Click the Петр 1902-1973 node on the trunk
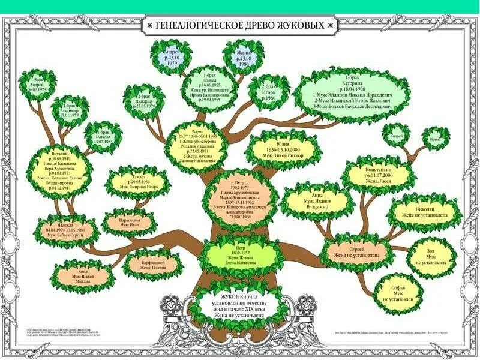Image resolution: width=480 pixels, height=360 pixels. (x=239, y=200)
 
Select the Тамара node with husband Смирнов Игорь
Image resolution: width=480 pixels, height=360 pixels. (x=135, y=184)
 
